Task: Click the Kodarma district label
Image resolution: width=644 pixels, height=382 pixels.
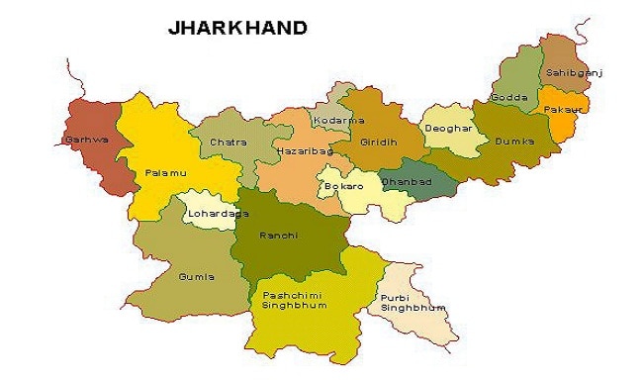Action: click(x=330, y=120)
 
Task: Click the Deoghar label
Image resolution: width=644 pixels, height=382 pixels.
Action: click(x=442, y=129)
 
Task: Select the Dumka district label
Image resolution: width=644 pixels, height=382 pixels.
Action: click(x=514, y=142)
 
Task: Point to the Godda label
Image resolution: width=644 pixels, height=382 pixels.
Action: click(x=507, y=97)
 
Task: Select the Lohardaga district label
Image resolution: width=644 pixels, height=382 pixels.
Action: click(x=209, y=213)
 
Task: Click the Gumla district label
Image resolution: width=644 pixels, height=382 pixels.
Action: click(x=196, y=277)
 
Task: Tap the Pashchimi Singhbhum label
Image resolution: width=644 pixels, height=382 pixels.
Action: click(x=294, y=300)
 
